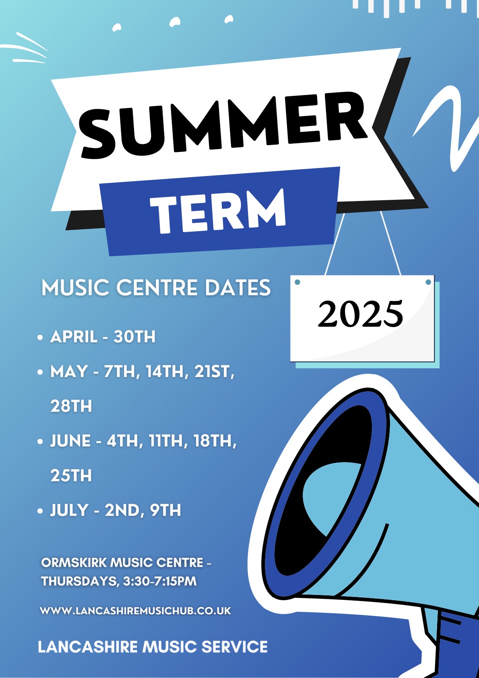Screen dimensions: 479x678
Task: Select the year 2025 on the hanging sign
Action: tap(361, 313)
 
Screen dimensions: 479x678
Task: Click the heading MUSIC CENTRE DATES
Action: tap(156, 288)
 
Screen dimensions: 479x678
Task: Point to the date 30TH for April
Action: tap(134, 336)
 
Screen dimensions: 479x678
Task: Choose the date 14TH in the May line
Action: tap(167, 371)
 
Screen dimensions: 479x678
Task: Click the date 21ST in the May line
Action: tap(214, 371)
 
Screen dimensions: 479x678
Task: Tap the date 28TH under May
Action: tap(71, 406)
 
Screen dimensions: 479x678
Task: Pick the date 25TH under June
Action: tap(71, 475)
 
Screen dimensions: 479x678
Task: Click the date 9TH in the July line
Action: tap(165, 510)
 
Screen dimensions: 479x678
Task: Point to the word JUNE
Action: tap(70, 441)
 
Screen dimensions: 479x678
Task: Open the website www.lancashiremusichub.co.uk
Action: tap(136, 611)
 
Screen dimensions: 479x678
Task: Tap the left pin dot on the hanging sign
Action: tap(297, 282)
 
